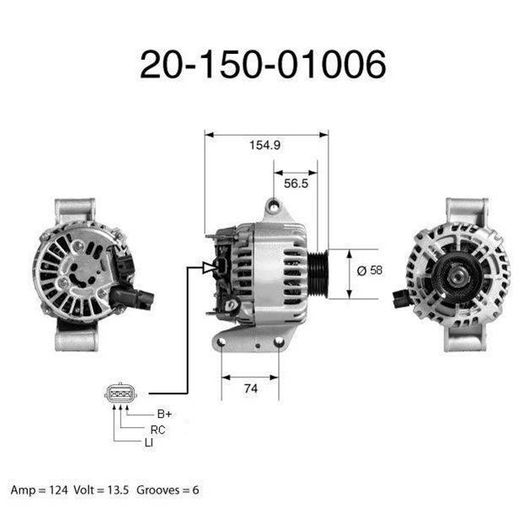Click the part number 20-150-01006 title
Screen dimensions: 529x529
click(263, 64)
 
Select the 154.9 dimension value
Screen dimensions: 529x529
click(264, 145)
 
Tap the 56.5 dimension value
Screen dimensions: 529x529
click(296, 184)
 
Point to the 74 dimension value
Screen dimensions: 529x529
click(251, 388)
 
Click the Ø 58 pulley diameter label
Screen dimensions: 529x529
click(370, 270)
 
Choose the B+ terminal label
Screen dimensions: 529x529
click(164, 414)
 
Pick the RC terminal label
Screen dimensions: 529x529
click(158, 430)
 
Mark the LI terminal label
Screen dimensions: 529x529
click(149, 442)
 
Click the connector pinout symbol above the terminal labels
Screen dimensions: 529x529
click(120, 393)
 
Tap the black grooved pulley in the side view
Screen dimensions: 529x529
click(318, 274)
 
